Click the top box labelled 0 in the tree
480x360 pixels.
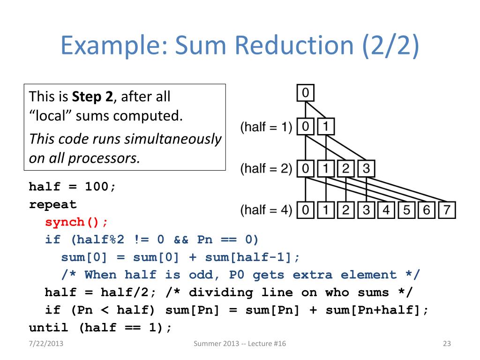click(305, 93)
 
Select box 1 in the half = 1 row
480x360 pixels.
click(326, 127)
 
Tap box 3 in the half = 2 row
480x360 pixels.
click(366, 168)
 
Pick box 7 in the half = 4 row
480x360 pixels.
click(447, 210)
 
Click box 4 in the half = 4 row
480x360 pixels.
click(386, 210)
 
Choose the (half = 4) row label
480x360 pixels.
click(266, 210)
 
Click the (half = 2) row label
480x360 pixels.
click(266, 168)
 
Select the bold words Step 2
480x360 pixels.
click(90, 97)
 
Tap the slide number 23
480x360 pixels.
click(446, 345)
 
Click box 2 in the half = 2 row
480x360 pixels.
click(346, 168)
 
